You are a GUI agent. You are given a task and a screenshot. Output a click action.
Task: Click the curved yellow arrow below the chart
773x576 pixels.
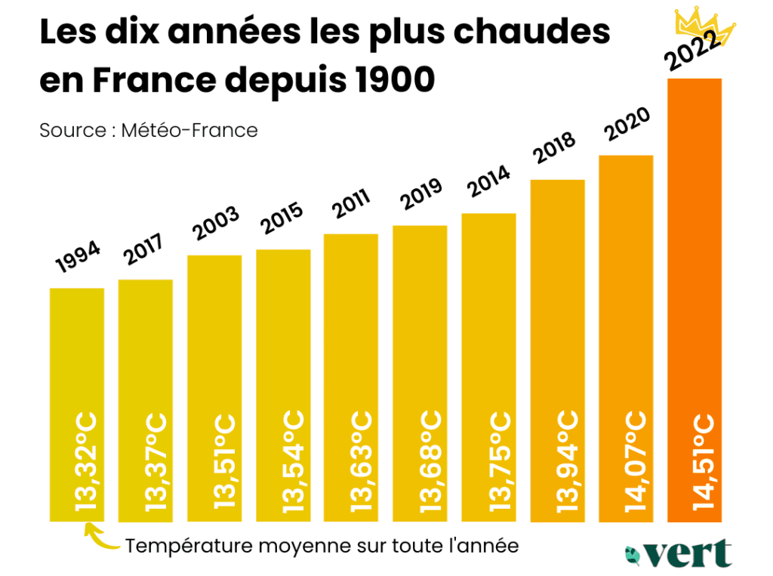[98, 537]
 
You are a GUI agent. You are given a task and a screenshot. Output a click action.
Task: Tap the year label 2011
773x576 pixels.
[351, 203]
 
